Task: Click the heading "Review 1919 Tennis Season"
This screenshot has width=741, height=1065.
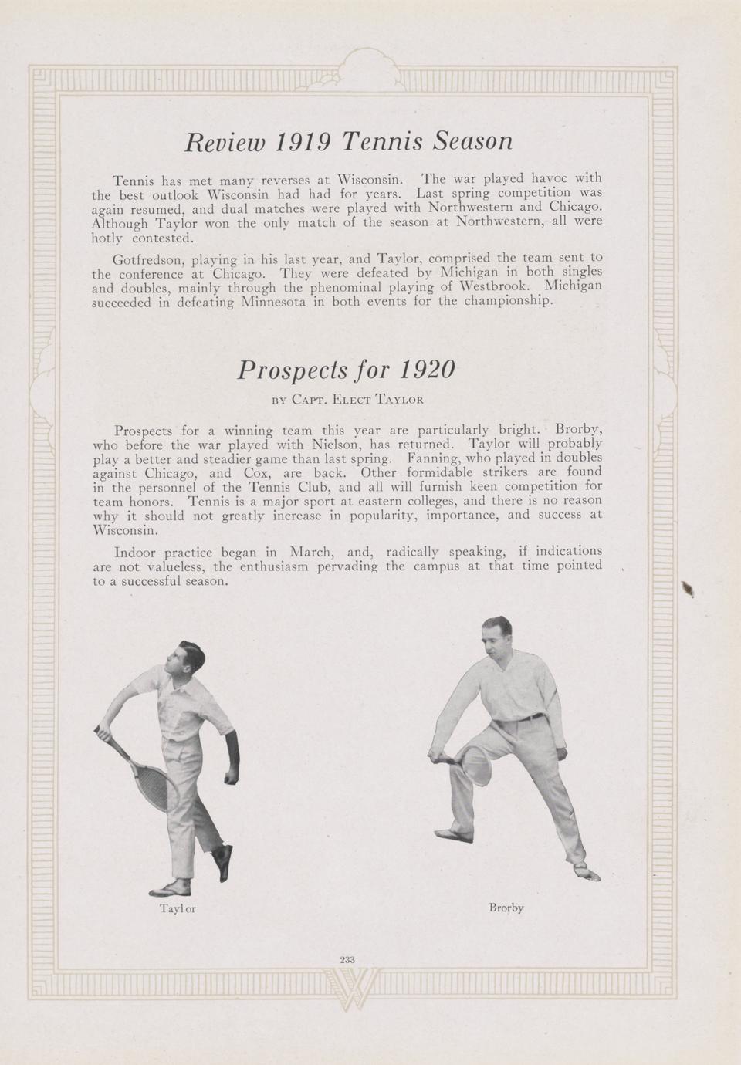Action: click(x=348, y=141)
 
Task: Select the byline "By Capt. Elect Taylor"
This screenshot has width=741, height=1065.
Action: click(x=347, y=400)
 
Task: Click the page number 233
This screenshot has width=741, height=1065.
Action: click(x=347, y=959)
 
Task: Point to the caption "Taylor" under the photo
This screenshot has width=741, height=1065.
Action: click(x=178, y=908)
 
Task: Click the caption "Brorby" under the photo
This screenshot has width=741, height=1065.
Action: click(x=506, y=908)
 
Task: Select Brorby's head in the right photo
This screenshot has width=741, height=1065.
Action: click(x=496, y=635)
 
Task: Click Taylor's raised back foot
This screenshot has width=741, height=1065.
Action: click(x=223, y=861)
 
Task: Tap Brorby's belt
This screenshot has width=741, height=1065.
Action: click(x=527, y=718)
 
